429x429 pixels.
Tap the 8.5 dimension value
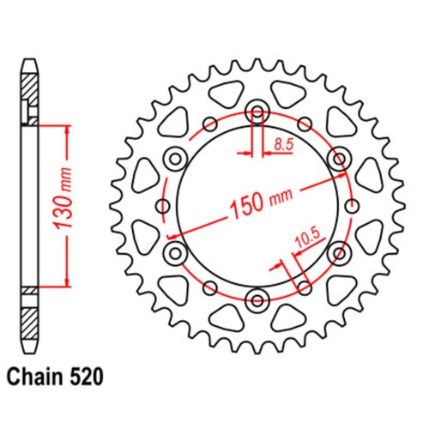click(x=282, y=148)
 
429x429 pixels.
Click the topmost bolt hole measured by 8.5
click(x=257, y=112)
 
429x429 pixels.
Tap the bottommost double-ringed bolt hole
click(x=257, y=299)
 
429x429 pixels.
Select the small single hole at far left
click(x=163, y=205)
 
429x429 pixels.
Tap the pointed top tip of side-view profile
click(x=29, y=62)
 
